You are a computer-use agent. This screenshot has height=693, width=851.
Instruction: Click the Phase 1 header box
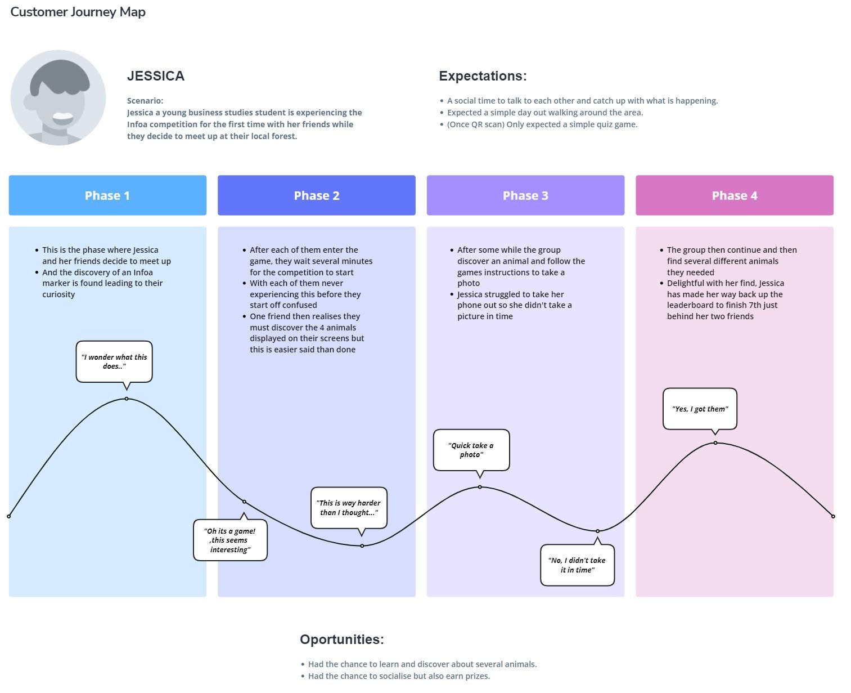(107, 195)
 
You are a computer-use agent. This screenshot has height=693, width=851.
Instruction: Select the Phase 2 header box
(317, 195)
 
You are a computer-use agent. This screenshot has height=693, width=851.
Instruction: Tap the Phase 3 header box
(525, 195)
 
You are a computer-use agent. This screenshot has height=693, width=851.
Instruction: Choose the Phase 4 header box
(735, 195)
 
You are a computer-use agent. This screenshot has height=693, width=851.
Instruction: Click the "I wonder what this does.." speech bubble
(114, 361)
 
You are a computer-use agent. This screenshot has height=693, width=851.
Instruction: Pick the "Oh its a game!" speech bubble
(230, 540)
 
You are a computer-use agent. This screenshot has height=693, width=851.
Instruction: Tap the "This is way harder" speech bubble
(349, 508)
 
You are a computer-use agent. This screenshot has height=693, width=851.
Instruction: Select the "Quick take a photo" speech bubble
(471, 450)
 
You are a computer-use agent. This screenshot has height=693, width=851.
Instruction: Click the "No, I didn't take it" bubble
(577, 565)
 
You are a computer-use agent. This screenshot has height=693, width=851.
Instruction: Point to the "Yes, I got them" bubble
(700, 409)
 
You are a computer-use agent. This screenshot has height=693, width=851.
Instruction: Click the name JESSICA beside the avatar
(156, 76)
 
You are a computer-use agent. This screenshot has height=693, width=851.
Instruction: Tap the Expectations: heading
(483, 76)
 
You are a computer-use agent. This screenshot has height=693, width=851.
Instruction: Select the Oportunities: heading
(342, 640)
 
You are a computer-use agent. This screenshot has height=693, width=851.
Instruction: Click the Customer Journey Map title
(78, 12)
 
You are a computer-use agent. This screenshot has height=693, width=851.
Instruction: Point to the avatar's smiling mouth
(62, 118)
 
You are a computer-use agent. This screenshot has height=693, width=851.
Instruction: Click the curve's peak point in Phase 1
(127, 399)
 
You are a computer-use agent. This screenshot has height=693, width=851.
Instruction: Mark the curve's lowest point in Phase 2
(362, 546)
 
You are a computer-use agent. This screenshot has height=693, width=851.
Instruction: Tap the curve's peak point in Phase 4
(715, 443)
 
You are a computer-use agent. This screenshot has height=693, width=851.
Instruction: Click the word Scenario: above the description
(145, 101)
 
